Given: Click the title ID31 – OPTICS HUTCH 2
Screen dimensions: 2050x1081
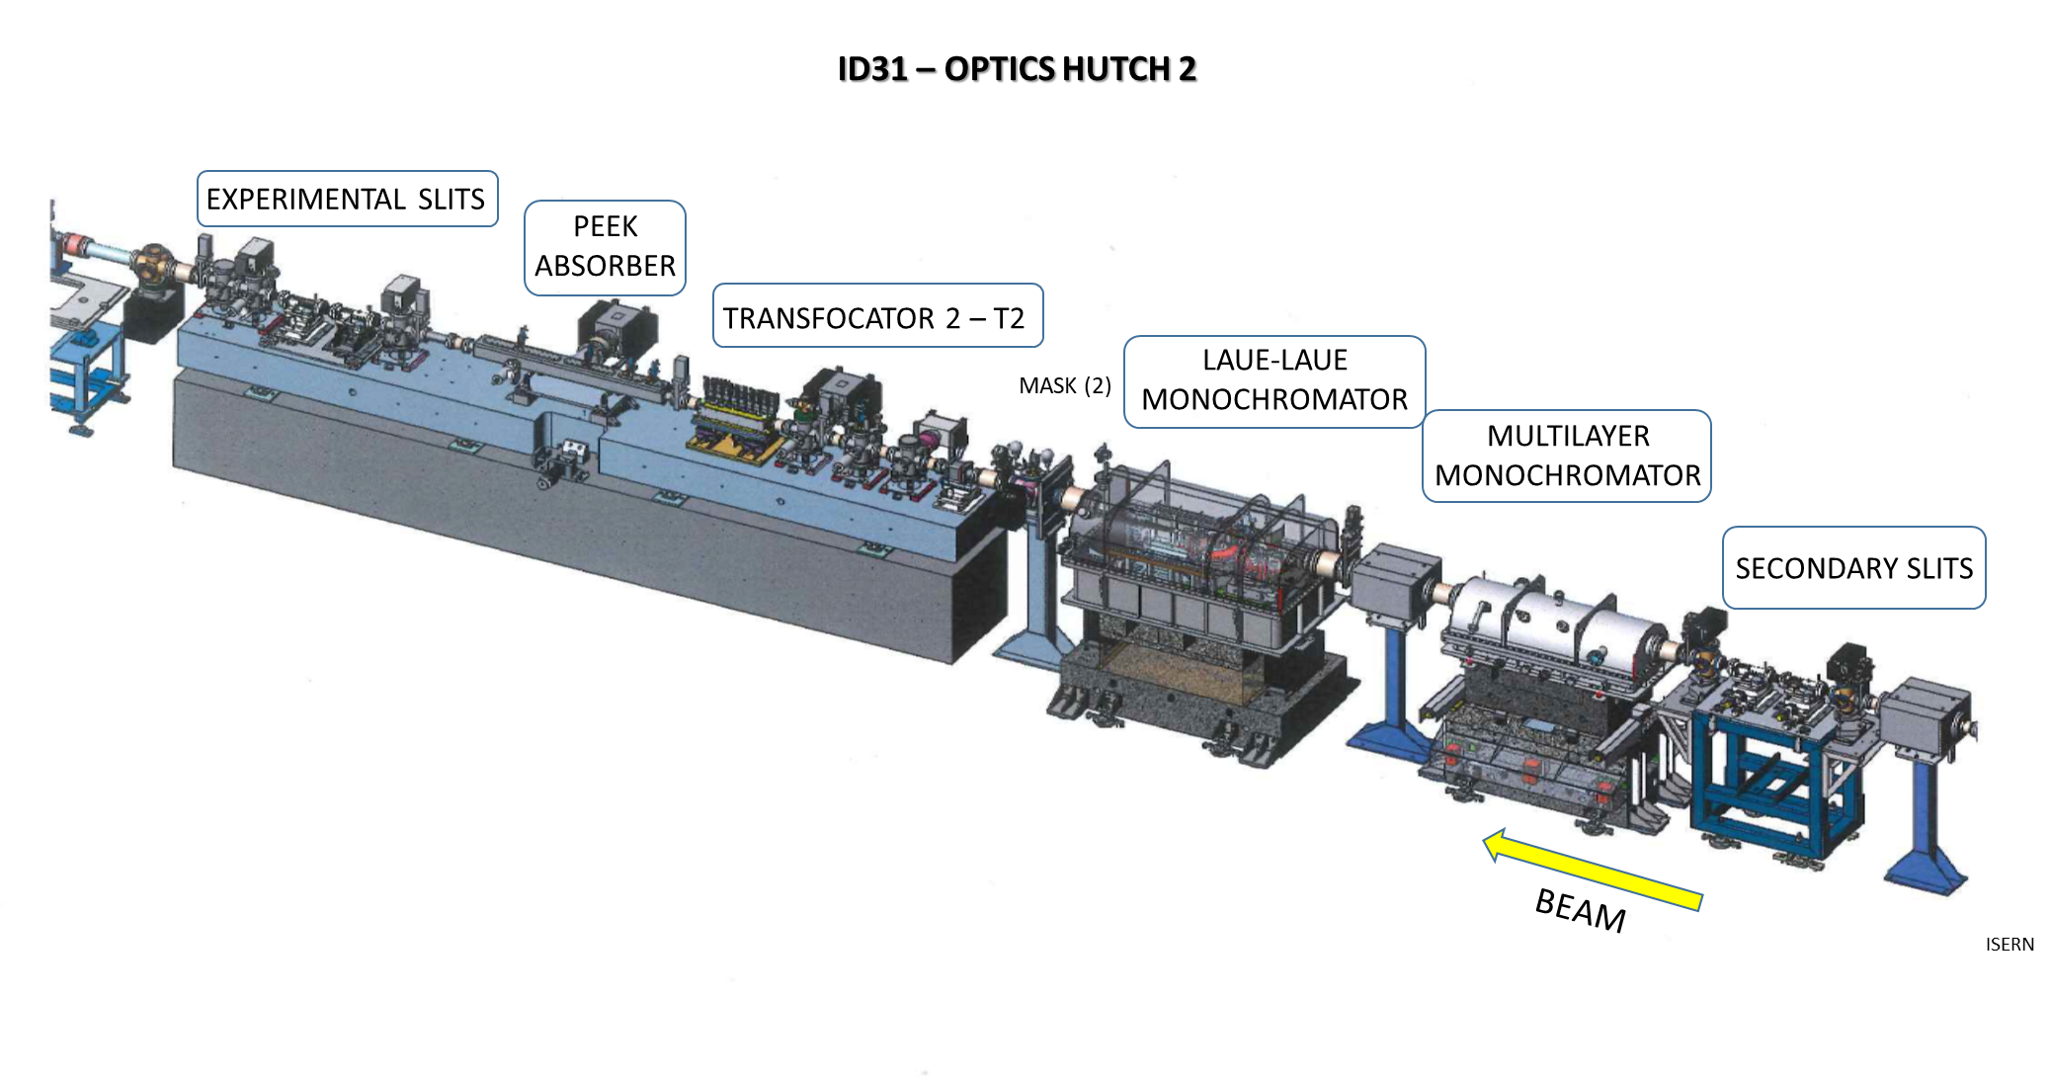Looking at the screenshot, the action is pyautogui.click(x=1017, y=69).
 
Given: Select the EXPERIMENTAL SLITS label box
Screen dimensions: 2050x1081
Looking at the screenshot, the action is pyautogui.click(x=347, y=199).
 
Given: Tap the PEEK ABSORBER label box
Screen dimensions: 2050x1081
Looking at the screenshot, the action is pyautogui.click(x=605, y=247).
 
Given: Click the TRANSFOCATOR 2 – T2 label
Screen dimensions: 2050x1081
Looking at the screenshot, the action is pyautogui.click(x=877, y=316).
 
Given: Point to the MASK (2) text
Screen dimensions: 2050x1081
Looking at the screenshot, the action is pyautogui.click(x=1065, y=385).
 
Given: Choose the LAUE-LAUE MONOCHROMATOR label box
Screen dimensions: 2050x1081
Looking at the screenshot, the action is pyautogui.click(x=1274, y=381).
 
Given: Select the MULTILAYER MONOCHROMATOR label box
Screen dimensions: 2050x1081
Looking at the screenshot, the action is pyautogui.click(x=1567, y=456).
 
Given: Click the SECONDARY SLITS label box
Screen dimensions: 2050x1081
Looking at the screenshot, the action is pyautogui.click(x=1853, y=567).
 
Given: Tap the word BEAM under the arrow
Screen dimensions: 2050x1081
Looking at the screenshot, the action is pyautogui.click(x=1581, y=910).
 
